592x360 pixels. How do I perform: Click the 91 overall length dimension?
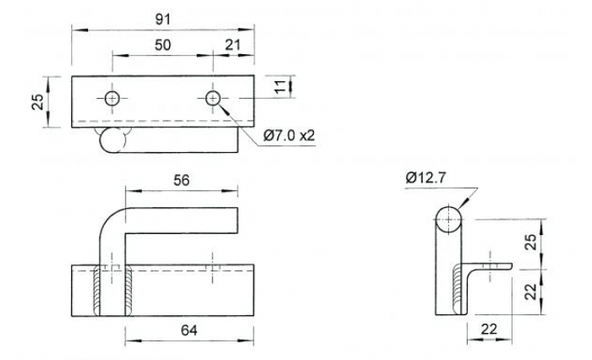[164, 16]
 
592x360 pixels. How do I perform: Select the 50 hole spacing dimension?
[163, 45]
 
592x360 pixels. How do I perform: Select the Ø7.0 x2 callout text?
[289, 134]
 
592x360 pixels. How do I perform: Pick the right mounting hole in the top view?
[212, 98]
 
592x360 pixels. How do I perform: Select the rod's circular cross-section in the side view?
[448, 221]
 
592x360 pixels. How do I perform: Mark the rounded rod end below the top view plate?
[110, 142]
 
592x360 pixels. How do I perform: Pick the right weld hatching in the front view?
[127, 292]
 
